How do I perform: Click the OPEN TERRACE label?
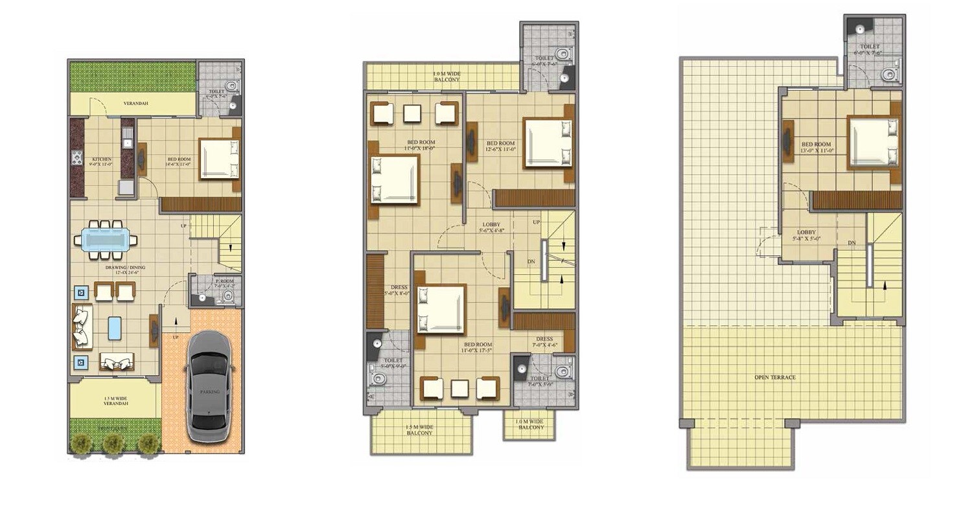[774, 377]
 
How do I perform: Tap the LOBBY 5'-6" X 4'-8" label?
[491, 227]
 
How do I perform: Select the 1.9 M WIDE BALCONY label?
[446, 76]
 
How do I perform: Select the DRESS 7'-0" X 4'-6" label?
[544, 341]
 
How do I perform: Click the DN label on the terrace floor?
[851, 243]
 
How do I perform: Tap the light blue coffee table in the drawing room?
[115, 327]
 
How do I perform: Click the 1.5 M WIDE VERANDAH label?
[116, 400]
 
